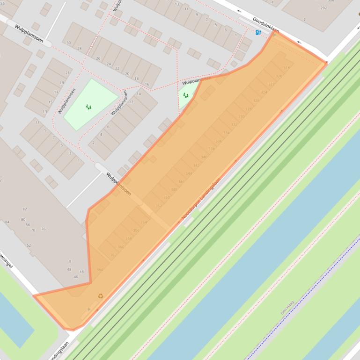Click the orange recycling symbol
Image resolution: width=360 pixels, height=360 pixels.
(101, 295)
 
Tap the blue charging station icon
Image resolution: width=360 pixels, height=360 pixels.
(258, 32)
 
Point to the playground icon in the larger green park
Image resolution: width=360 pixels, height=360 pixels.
(88, 107)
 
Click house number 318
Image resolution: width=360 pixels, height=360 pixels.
(286, 68)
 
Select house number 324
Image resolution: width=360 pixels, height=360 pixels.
(264, 92)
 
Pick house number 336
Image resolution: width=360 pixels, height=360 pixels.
(219, 141)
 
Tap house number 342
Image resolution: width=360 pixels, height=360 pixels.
(196, 166)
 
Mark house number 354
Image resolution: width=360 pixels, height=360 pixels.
(144, 222)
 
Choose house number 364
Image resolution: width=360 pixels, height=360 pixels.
(100, 270)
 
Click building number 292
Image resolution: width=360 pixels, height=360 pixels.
(323, 8)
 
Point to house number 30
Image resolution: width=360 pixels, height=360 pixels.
(69, 43)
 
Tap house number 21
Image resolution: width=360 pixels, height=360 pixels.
(67, 73)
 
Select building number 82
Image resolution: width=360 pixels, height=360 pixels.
(25, 209)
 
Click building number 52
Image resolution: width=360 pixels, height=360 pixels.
(29, 245)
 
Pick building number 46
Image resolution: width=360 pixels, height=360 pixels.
(76, 277)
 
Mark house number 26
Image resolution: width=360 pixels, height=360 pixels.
(98, 58)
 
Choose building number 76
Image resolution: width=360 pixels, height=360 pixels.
(43, 229)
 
